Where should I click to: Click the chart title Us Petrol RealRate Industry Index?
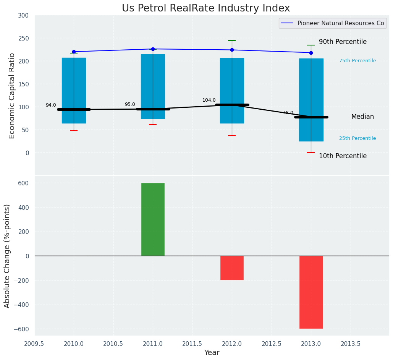(206, 8)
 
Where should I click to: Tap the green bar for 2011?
(153, 219)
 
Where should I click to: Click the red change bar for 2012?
(232, 268)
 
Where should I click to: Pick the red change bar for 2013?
(311, 292)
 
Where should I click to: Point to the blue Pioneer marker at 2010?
(74, 52)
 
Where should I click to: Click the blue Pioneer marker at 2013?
(311, 53)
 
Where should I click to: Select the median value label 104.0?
(209, 101)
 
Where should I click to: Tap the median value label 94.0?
(51, 105)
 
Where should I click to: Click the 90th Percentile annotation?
(343, 42)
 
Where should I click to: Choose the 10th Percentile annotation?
(343, 156)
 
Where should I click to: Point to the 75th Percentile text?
(357, 61)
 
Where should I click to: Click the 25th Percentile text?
(357, 139)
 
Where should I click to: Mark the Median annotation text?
(362, 117)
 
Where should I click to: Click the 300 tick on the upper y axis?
(23, 16)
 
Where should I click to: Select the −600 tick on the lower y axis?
(21, 329)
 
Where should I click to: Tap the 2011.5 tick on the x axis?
(192, 344)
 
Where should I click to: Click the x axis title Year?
(212, 353)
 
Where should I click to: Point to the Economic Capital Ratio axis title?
(12, 96)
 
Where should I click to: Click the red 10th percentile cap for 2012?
(232, 136)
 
